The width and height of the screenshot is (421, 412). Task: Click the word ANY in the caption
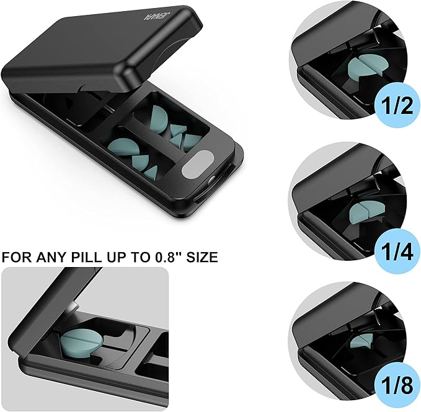pos(55,256)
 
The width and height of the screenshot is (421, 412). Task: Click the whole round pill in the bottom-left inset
pos(81,340)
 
